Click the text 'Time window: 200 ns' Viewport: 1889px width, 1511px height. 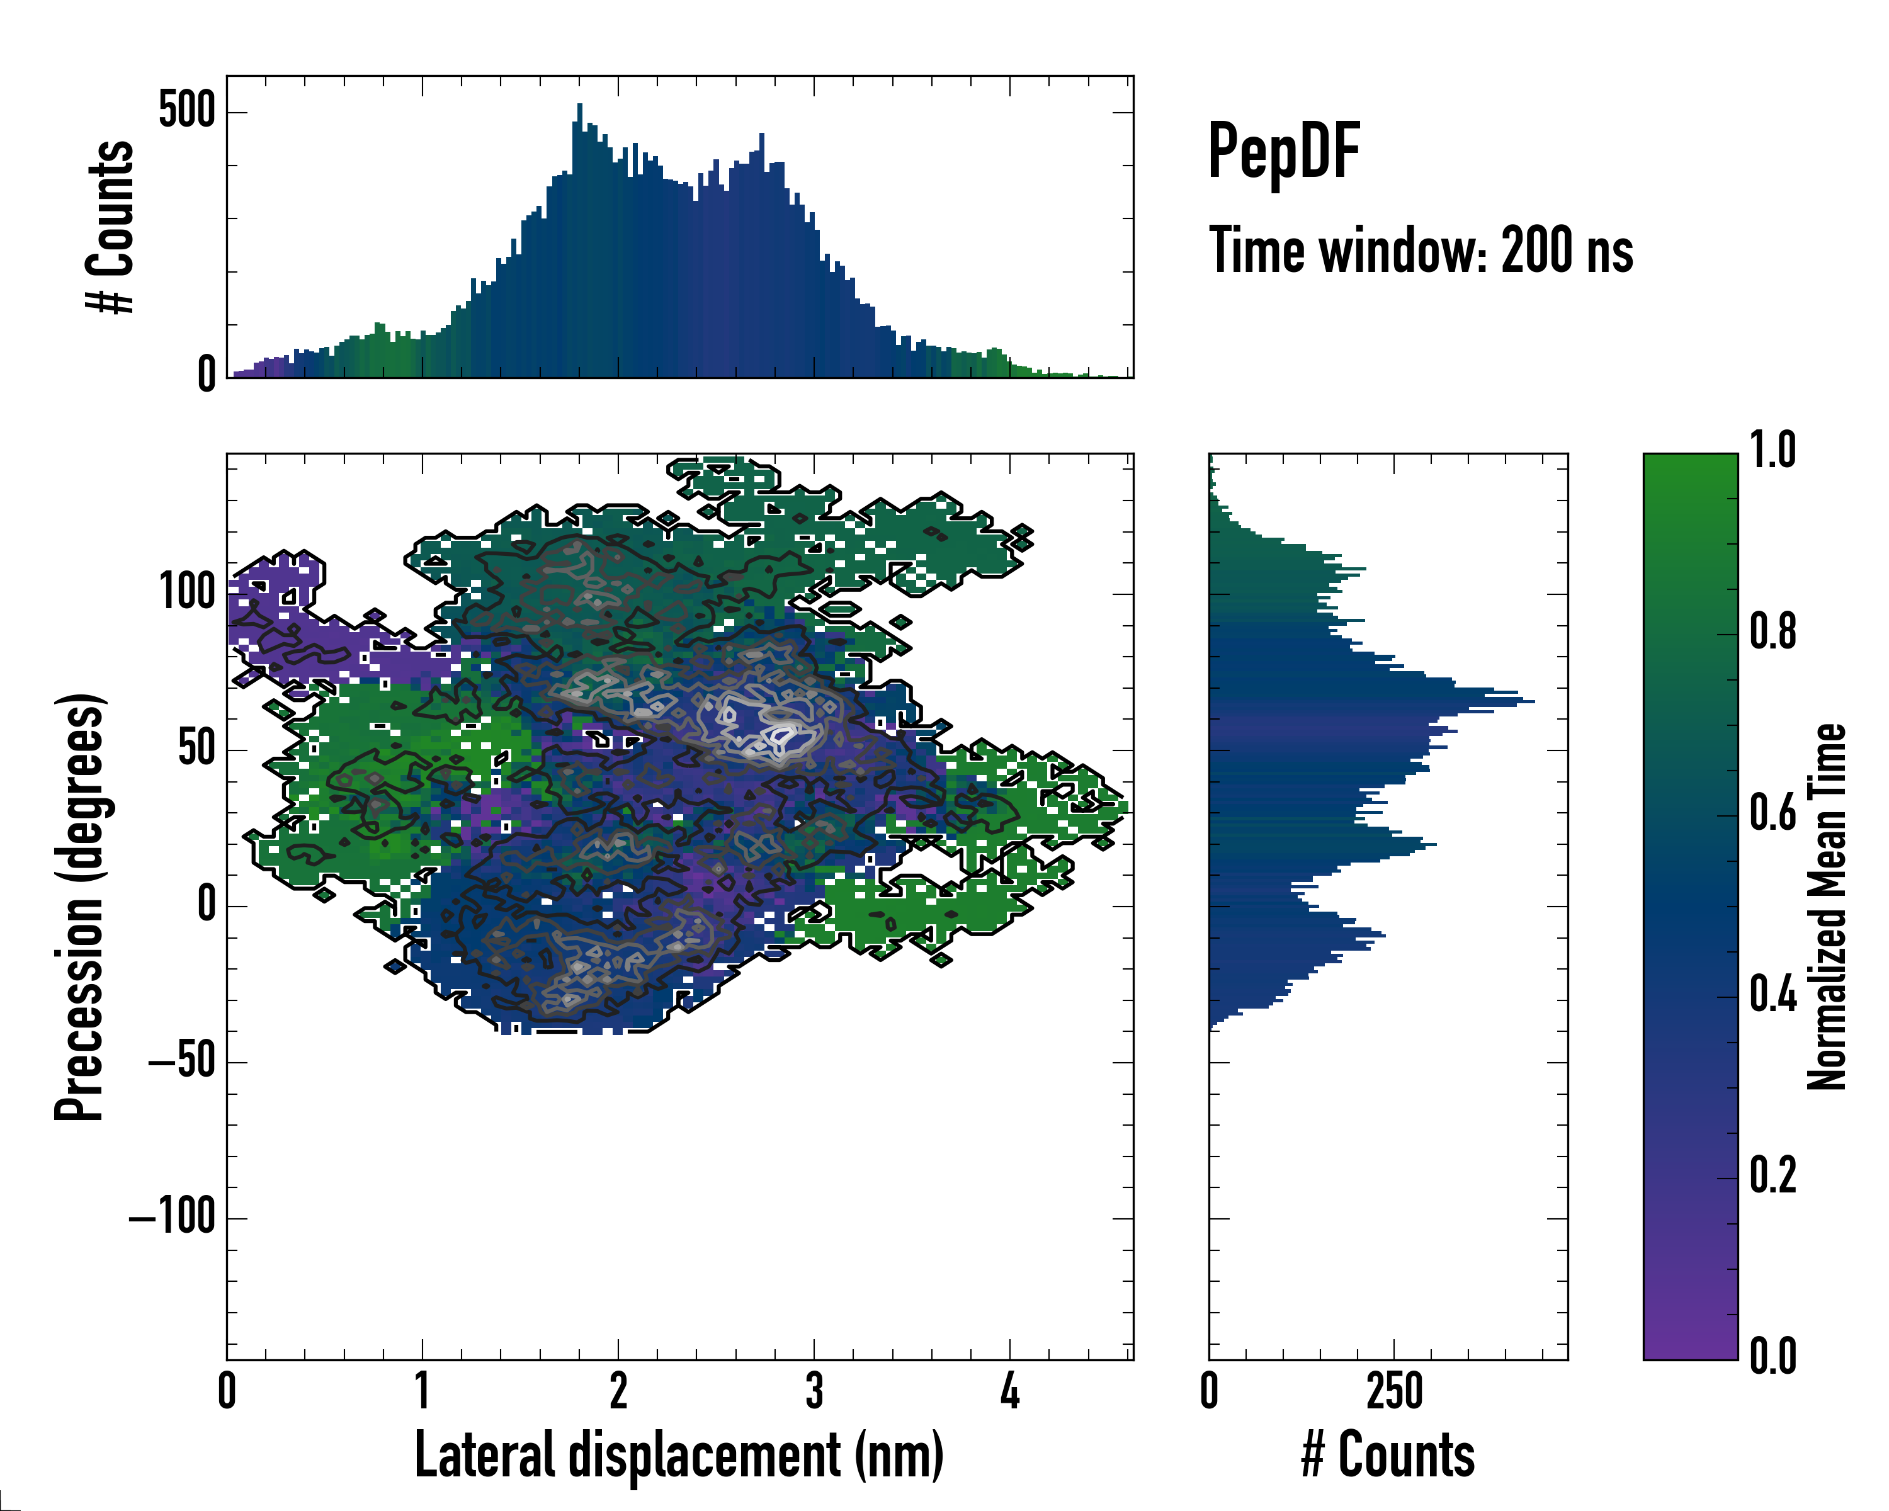1421,251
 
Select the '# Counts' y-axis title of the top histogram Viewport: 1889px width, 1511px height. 110,227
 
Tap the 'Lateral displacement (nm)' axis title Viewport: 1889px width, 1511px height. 679,1454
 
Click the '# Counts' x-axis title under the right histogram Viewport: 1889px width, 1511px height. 1388,1454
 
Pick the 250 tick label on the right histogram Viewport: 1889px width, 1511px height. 1394,1391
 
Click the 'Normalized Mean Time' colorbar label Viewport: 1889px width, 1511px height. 1826,906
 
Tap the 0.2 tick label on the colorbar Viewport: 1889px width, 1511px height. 1773,1175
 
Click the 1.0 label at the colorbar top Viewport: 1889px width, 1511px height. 1773,450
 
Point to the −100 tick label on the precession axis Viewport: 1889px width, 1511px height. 173,1217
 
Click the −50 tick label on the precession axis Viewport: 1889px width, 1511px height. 182,1061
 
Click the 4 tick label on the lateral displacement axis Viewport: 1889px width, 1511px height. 1009,1391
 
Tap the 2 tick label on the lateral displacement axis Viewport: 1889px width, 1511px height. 618,1391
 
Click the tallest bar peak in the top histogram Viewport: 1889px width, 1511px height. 579,106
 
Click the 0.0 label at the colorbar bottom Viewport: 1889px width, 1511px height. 1773,1356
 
